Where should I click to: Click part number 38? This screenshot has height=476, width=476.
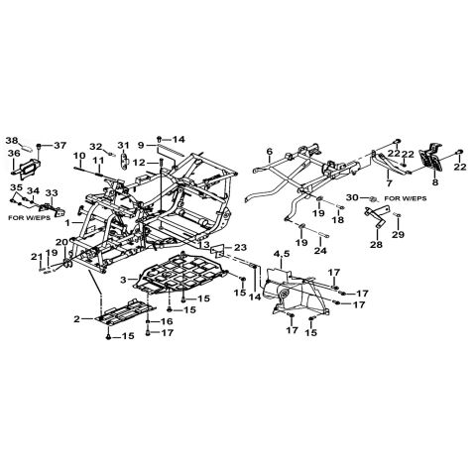pyautogui.click(x=12, y=141)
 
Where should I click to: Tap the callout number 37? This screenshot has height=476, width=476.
pyautogui.click(x=60, y=145)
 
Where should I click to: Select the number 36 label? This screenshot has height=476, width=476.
pyautogui.click(x=14, y=154)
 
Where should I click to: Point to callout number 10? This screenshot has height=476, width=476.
pyautogui.click(x=79, y=155)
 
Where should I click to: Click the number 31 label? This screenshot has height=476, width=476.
pyautogui.click(x=123, y=146)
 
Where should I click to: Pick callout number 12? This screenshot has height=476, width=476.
pyautogui.click(x=139, y=163)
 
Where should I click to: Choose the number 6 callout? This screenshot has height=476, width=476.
pyautogui.click(x=270, y=152)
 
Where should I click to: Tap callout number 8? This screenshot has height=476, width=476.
pyautogui.click(x=435, y=182)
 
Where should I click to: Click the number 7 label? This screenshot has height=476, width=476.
pyautogui.click(x=389, y=182)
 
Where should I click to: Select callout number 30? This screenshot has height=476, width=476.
pyautogui.click(x=352, y=197)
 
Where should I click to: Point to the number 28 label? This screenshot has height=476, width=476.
pyautogui.click(x=377, y=245)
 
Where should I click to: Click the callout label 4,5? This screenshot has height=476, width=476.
pyautogui.click(x=282, y=254)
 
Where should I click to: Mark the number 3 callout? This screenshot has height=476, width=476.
pyautogui.click(x=123, y=281)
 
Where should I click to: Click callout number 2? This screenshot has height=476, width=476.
pyautogui.click(x=77, y=319)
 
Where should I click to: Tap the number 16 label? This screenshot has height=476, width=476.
pyautogui.click(x=167, y=321)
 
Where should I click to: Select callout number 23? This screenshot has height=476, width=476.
pyautogui.click(x=240, y=247)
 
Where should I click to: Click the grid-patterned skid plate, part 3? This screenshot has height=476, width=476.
pyautogui.click(x=181, y=275)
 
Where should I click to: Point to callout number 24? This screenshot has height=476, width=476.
pyautogui.click(x=320, y=251)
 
